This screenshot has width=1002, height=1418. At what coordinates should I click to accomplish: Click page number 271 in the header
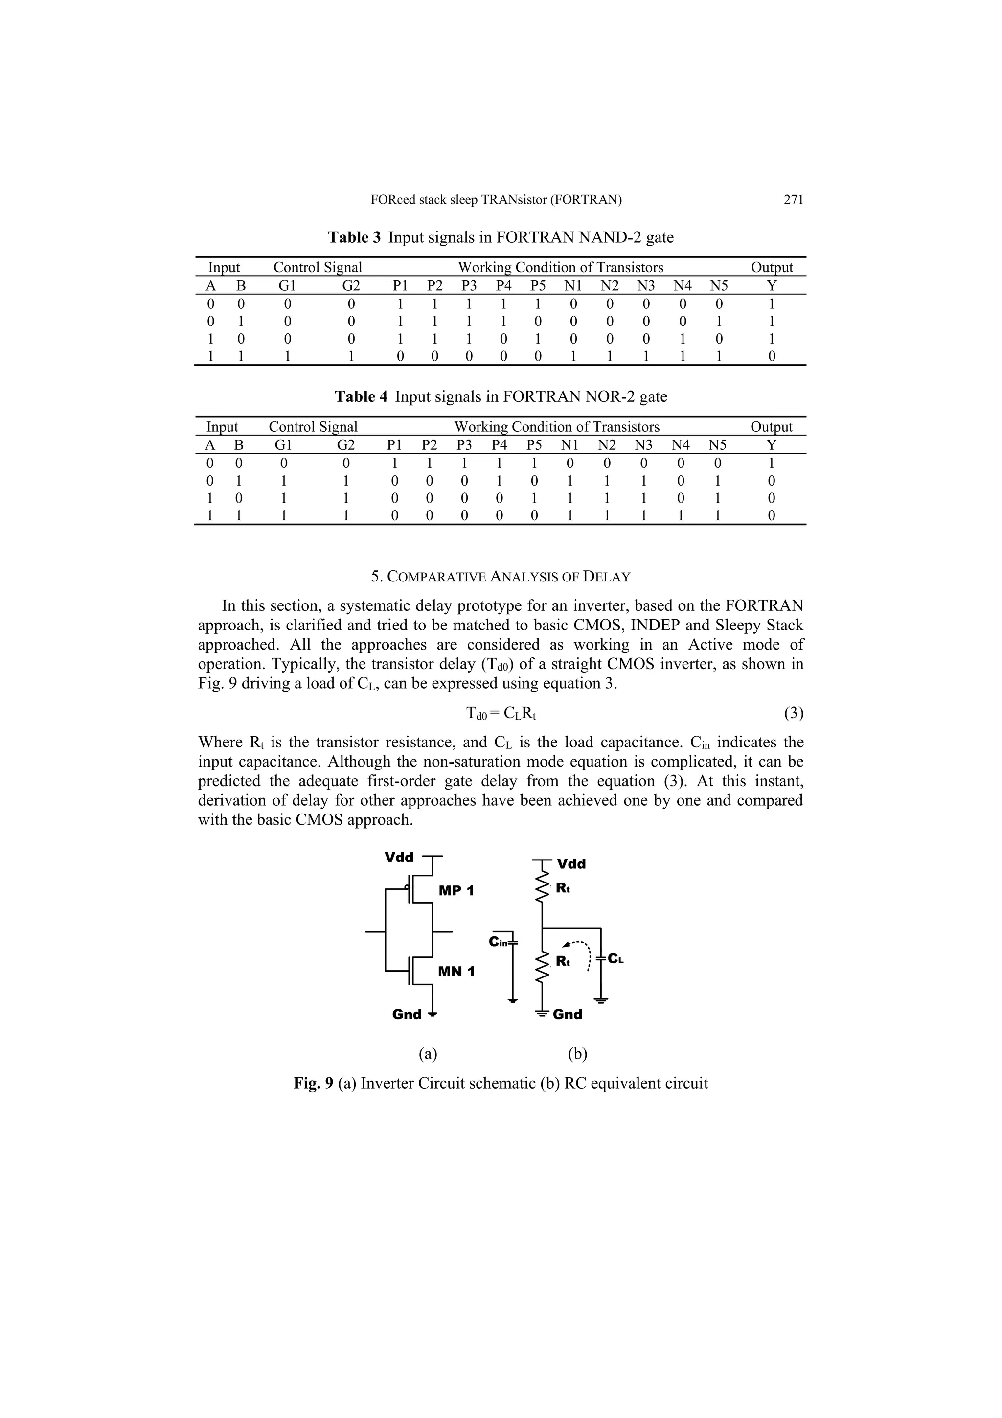793,200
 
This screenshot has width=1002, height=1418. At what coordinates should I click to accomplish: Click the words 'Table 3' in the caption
354,237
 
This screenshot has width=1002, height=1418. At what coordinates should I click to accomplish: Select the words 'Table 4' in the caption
361,396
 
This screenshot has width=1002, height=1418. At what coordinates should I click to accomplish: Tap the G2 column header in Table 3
351,286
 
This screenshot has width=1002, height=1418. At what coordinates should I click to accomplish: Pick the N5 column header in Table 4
717,445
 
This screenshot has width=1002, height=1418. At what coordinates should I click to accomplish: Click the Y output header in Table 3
772,286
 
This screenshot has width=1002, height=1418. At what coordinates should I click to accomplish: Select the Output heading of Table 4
771,427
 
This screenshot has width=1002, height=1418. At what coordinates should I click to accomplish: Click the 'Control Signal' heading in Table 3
318,267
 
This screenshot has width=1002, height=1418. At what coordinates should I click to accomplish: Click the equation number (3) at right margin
793,713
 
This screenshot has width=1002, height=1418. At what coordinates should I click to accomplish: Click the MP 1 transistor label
456,890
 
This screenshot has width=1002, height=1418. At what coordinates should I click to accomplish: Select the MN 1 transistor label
456,972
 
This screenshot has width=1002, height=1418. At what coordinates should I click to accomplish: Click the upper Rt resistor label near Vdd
563,888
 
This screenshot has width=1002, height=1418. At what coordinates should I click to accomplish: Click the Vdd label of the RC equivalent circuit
571,864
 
